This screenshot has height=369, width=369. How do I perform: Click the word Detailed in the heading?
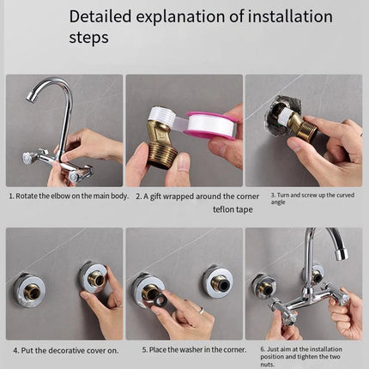pos(101,16)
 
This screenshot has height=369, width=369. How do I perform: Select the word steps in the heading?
pos(88,39)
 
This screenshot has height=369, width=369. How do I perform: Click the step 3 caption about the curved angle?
pos(302,199)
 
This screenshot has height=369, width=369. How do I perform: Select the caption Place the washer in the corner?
pos(185,350)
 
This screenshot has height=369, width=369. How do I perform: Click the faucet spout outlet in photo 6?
pos(342,254)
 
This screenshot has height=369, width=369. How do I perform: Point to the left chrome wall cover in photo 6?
pos(264,285)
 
